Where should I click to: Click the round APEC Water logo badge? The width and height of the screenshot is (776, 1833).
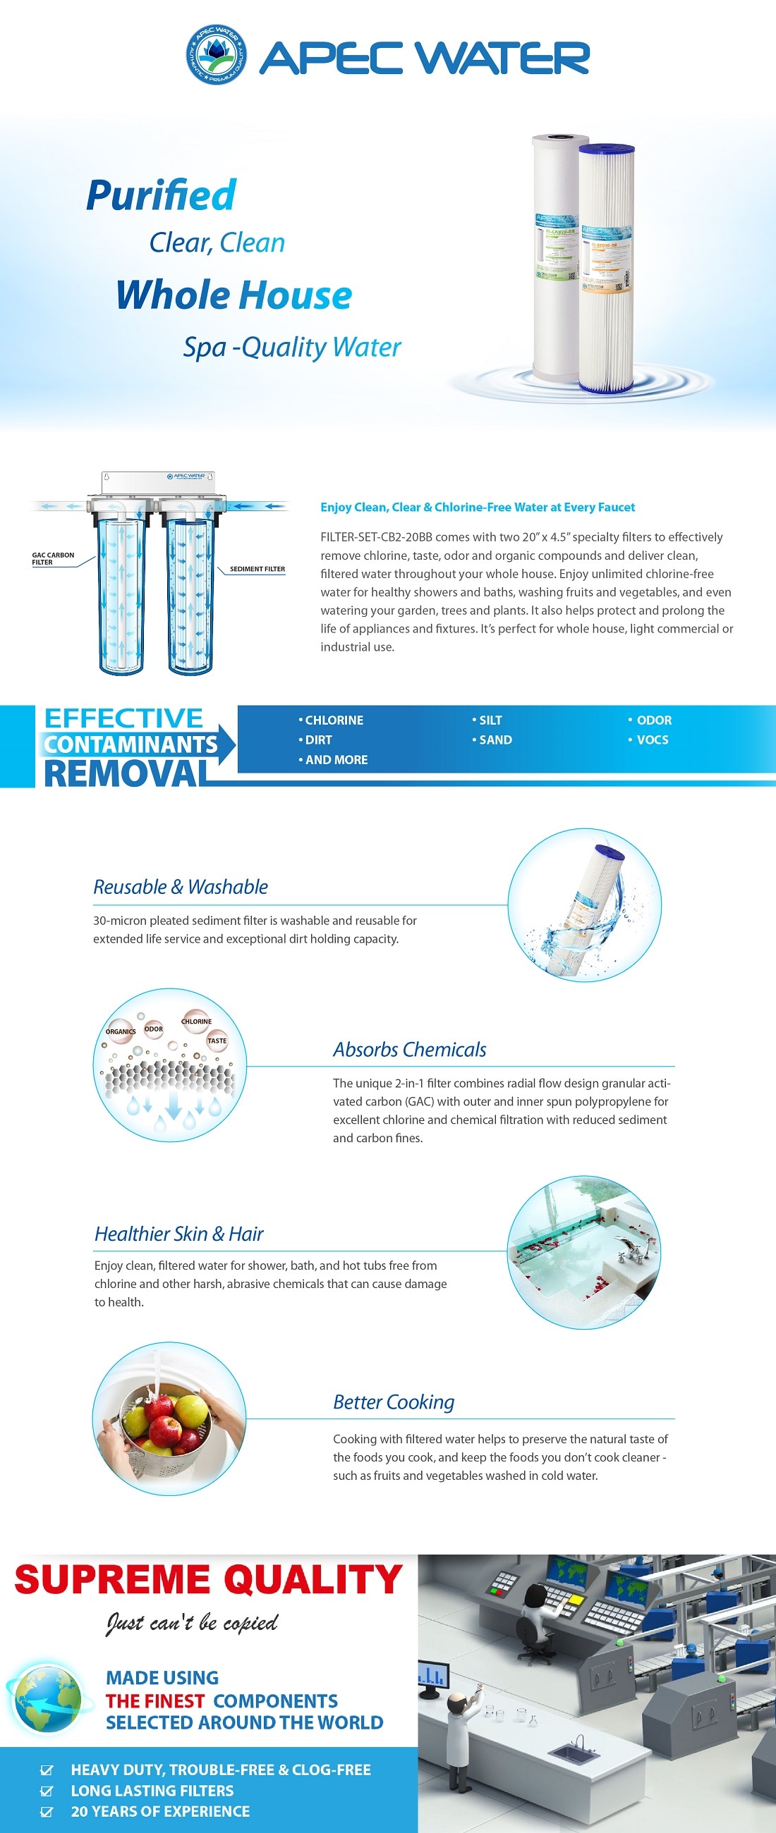(x=217, y=55)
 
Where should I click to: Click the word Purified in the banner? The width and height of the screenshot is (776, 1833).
(x=161, y=195)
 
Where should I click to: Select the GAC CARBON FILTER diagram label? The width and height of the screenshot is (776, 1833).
(x=52, y=558)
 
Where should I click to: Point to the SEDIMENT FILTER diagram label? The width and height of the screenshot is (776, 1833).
(x=257, y=569)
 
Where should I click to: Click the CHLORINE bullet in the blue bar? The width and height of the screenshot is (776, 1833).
(x=331, y=720)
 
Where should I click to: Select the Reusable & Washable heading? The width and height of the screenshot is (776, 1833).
(x=180, y=888)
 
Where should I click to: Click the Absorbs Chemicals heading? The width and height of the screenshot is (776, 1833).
(x=409, y=1050)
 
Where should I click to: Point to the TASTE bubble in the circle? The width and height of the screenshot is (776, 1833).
(x=217, y=1041)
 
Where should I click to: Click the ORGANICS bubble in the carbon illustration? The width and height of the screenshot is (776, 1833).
(x=121, y=1032)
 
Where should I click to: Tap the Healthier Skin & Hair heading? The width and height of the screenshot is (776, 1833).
(x=178, y=1234)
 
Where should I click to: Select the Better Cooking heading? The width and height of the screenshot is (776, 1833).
(x=393, y=1402)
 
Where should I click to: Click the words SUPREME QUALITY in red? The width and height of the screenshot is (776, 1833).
(x=208, y=1580)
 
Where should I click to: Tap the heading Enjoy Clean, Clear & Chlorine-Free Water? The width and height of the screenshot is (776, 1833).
(x=477, y=508)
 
